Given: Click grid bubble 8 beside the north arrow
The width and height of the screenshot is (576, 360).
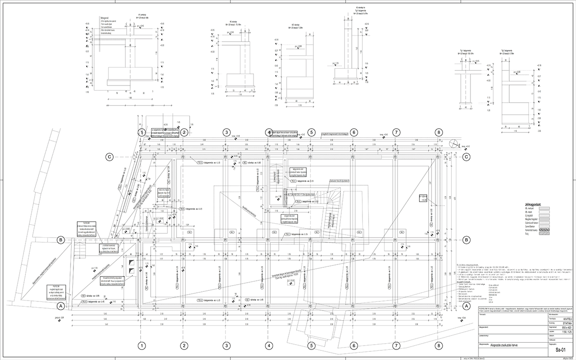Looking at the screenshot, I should click(x=438, y=132).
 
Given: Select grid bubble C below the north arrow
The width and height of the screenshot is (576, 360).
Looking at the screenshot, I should click(x=465, y=156).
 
